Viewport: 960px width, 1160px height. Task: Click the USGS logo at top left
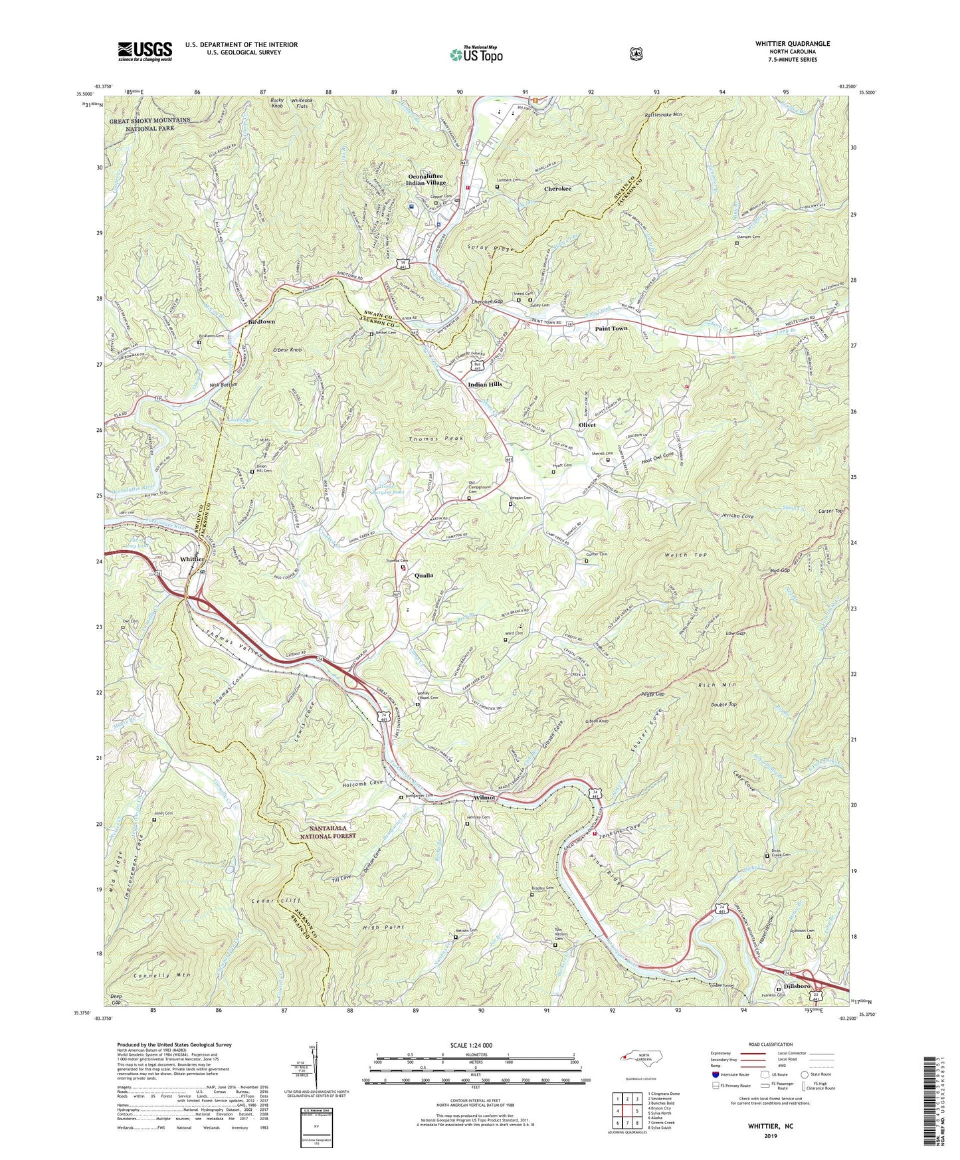pyautogui.click(x=145, y=50)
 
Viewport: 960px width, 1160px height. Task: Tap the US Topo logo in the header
pyautogui.click(x=475, y=54)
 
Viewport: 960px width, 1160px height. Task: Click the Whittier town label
pyautogui.click(x=192, y=559)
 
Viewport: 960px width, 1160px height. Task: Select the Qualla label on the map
pyautogui.click(x=429, y=575)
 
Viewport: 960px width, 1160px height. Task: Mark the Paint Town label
pyautogui.click(x=611, y=328)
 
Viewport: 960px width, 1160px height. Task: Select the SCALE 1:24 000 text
pyautogui.click(x=474, y=1045)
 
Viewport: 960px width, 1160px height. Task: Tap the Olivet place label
pyautogui.click(x=587, y=425)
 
